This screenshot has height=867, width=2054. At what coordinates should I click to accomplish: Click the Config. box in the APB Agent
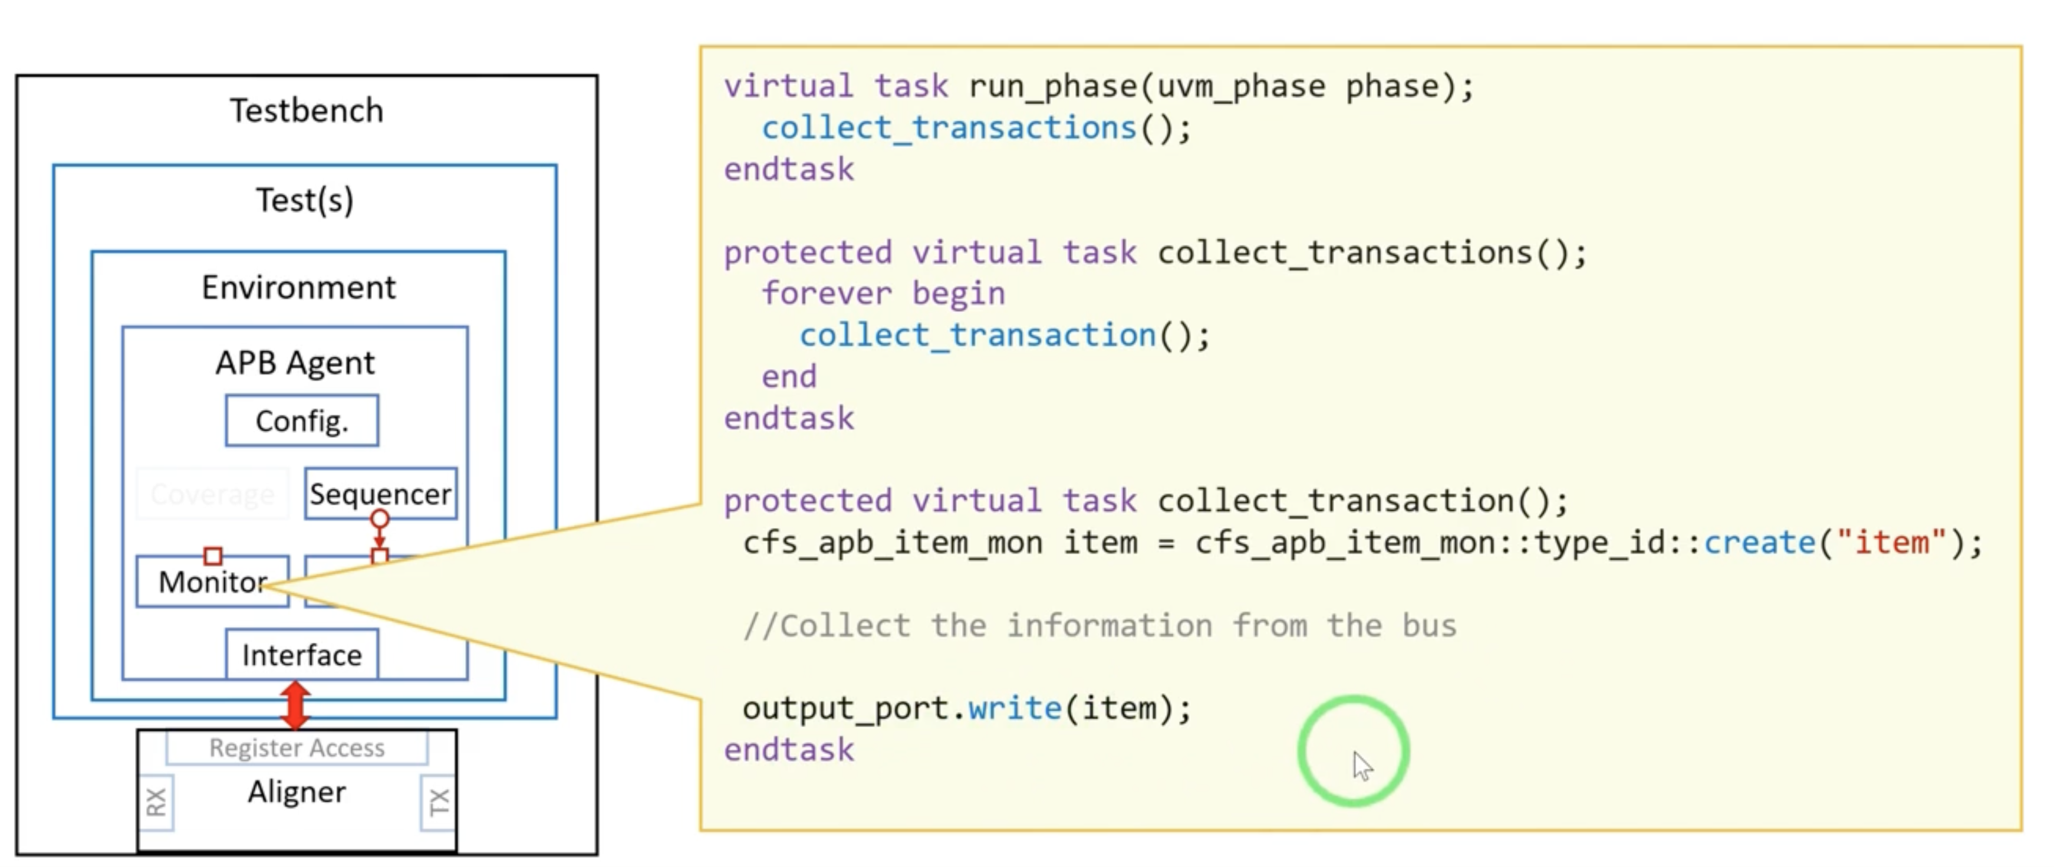301,421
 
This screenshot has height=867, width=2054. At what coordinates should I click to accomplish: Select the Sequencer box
380,494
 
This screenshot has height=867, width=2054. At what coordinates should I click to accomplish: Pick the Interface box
301,655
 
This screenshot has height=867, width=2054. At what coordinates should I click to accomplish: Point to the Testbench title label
306,110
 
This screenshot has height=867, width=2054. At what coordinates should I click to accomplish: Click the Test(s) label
305,199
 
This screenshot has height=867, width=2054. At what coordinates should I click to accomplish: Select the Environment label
298,287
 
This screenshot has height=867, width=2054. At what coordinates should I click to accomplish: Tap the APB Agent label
294,362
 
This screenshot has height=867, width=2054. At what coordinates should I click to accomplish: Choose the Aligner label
297,792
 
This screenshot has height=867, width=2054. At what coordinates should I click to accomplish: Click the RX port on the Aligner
156,802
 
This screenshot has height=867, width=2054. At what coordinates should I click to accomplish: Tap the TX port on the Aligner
439,802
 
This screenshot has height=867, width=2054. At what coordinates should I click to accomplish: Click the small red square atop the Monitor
213,555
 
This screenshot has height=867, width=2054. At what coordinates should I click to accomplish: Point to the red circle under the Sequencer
380,519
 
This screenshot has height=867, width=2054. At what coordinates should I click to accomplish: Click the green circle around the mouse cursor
1353,751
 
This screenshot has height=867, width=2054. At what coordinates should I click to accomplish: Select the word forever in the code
826,294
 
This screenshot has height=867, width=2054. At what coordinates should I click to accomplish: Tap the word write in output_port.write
1014,708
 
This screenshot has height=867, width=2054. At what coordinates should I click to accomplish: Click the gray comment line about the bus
1100,625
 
